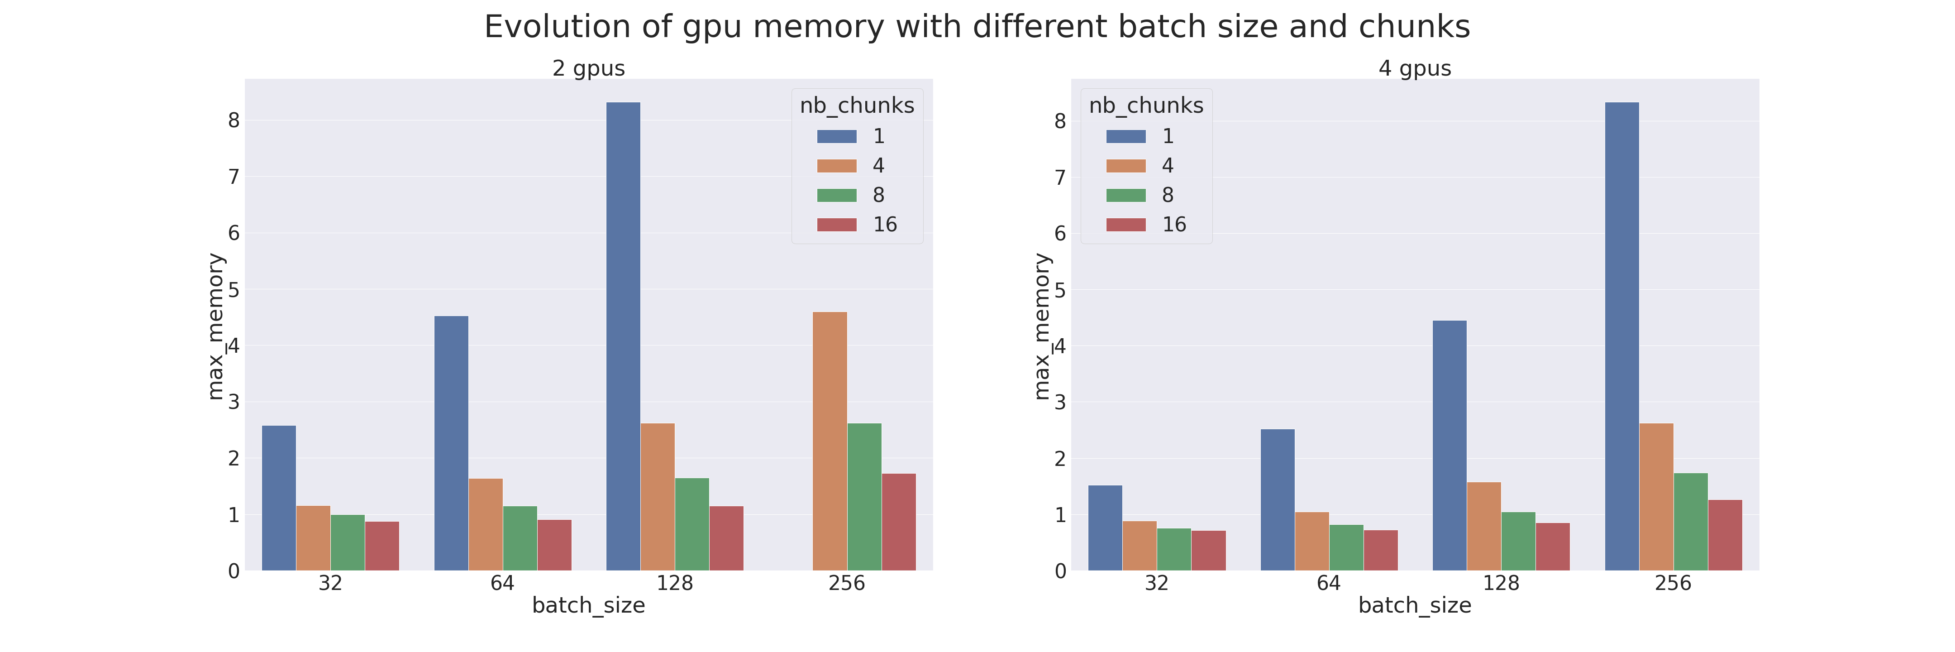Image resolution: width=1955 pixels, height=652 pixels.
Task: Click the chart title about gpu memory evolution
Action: coord(977,27)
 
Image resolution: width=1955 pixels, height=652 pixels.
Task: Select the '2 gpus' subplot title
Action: coord(588,68)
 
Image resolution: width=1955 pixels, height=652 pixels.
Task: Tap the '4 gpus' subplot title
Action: coord(1415,68)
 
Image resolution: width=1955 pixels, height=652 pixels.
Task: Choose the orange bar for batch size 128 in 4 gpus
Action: coord(1484,526)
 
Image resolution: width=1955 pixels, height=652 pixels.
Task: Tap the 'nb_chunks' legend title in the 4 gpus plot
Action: coord(1146,105)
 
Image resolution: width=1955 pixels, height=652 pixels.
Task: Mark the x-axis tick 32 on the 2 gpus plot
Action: coord(330,583)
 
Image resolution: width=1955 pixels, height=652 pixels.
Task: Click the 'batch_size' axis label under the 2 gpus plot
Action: coord(588,606)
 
